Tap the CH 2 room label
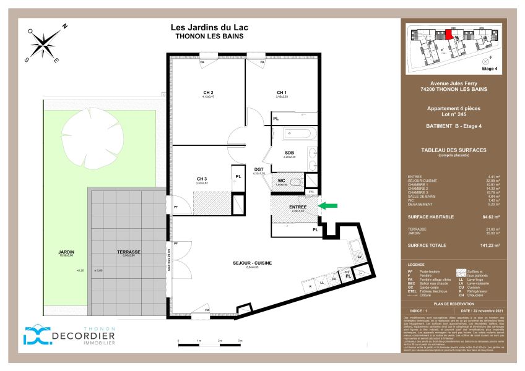coord(208,93)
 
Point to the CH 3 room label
coord(201,179)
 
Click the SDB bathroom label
coord(289,153)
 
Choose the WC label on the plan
coord(280,181)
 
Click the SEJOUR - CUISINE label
coord(252,263)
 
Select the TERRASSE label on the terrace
coord(129,252)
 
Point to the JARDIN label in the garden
coord(67,252)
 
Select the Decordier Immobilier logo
coord(69,335)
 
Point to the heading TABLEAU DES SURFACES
coord(454,150)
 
